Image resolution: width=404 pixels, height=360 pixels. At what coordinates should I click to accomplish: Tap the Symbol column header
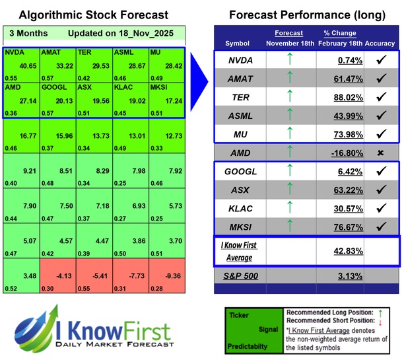(238, 43)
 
